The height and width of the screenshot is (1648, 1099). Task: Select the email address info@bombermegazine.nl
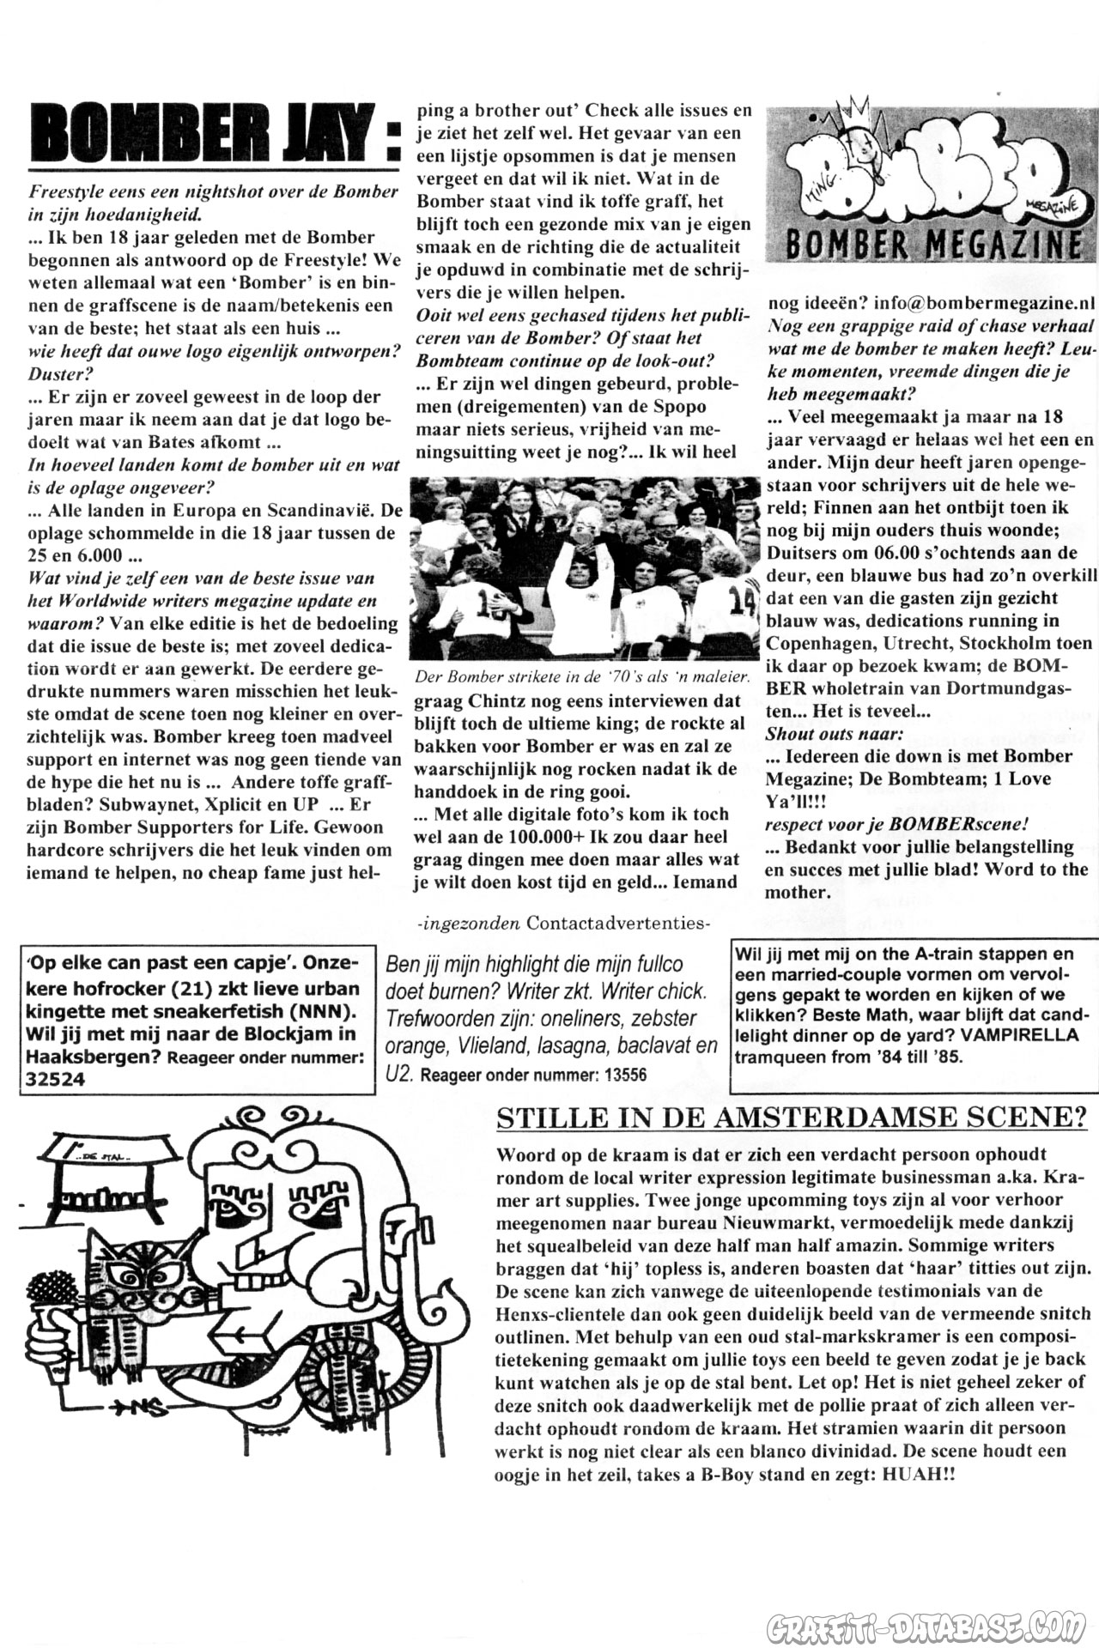[x=985, y=303]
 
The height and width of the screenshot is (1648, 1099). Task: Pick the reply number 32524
[x=57, y=1079]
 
